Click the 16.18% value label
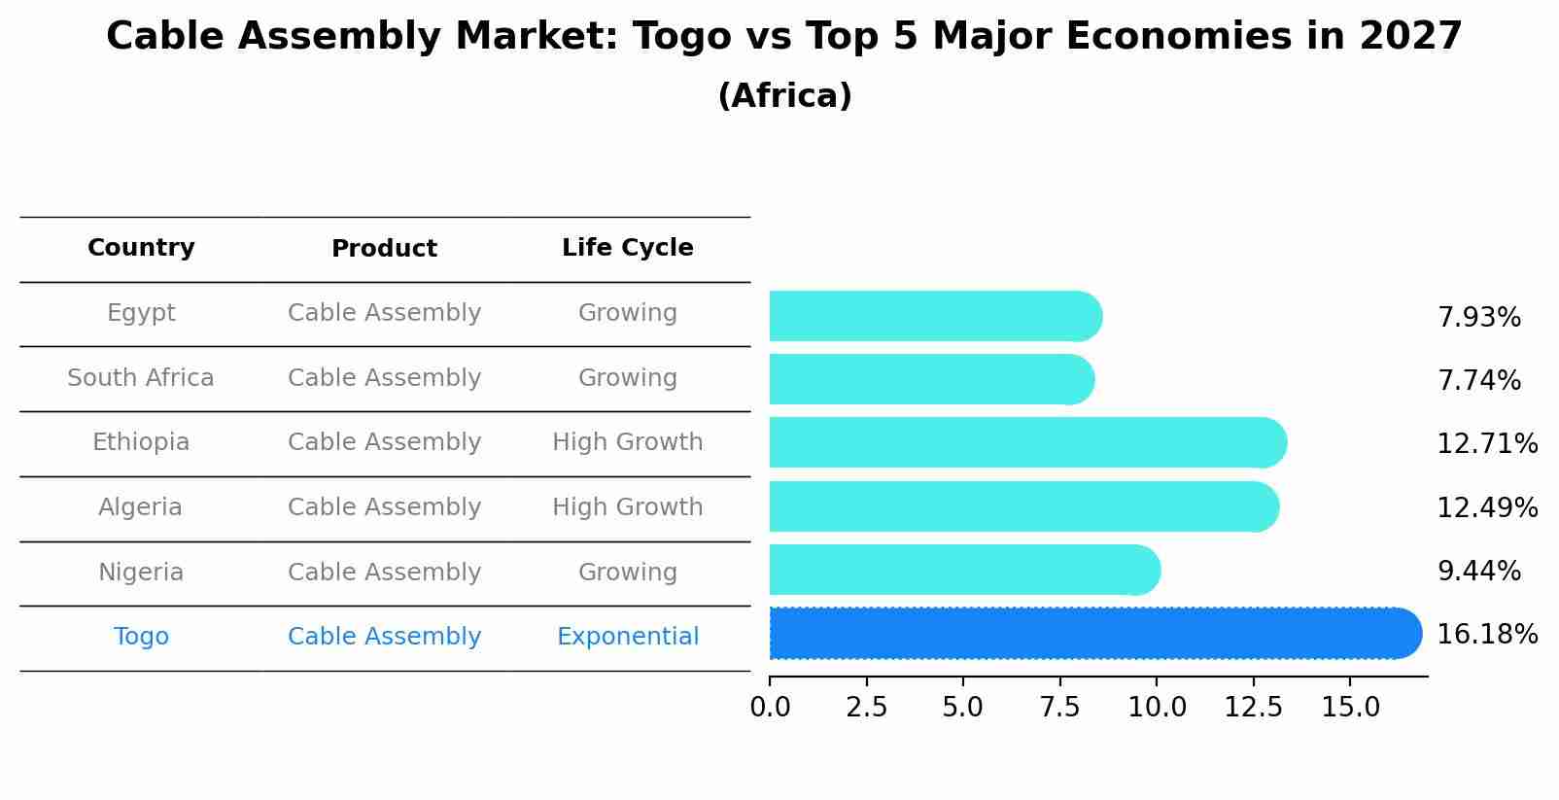click(x=1486, y=635)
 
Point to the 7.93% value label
click(x=1478, y=318)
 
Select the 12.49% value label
click(x=1486, y=507)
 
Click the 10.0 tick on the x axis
click(x=1157, y=708)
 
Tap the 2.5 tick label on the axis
click(x=866, y=708)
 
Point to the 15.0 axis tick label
click(x=1350, y=708)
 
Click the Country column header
click(x=141, y=248)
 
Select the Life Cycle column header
click(x=627, y=248)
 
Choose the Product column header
click(x=384, y=249)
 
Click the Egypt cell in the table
click(x=141, y=313)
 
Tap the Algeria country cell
click(x=140, y=507)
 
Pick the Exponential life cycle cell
click(x=627, y=637)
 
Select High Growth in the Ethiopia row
click(x=627, y=442)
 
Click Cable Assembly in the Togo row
click(x=384, y=637)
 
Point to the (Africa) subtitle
click(x=784, y=96)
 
